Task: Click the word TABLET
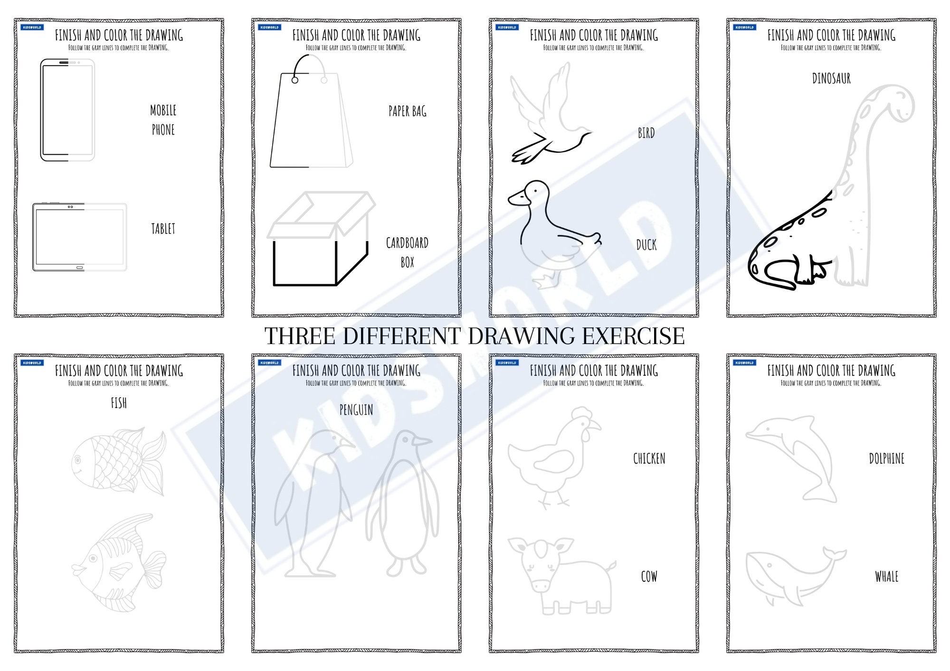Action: point(163,229)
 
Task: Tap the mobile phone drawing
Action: point(67,110)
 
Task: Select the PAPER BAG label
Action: point(407,112)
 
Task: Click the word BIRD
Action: point(646,133)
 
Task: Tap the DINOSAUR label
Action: point(831,78)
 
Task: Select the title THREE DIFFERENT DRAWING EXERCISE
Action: point(475,335)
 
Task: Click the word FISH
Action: point(119,403)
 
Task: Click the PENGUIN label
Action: point(356,410)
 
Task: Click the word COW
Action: point(649,577)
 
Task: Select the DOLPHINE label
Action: point(886,459)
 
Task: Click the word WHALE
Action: point(886,577)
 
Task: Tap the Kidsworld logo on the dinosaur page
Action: point(744,28)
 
